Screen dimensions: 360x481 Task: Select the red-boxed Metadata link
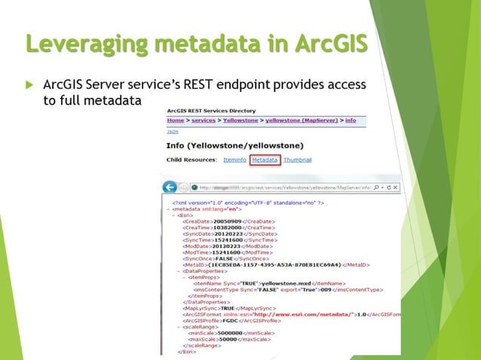click(265, 160)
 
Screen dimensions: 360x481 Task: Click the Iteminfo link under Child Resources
click(234, 160)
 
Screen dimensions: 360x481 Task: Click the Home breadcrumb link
click(175, 120)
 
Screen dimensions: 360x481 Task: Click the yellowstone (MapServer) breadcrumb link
click(301, 120)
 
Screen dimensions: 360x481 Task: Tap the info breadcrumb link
click(351, 120)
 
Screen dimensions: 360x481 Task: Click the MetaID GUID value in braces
click(275, 264)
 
